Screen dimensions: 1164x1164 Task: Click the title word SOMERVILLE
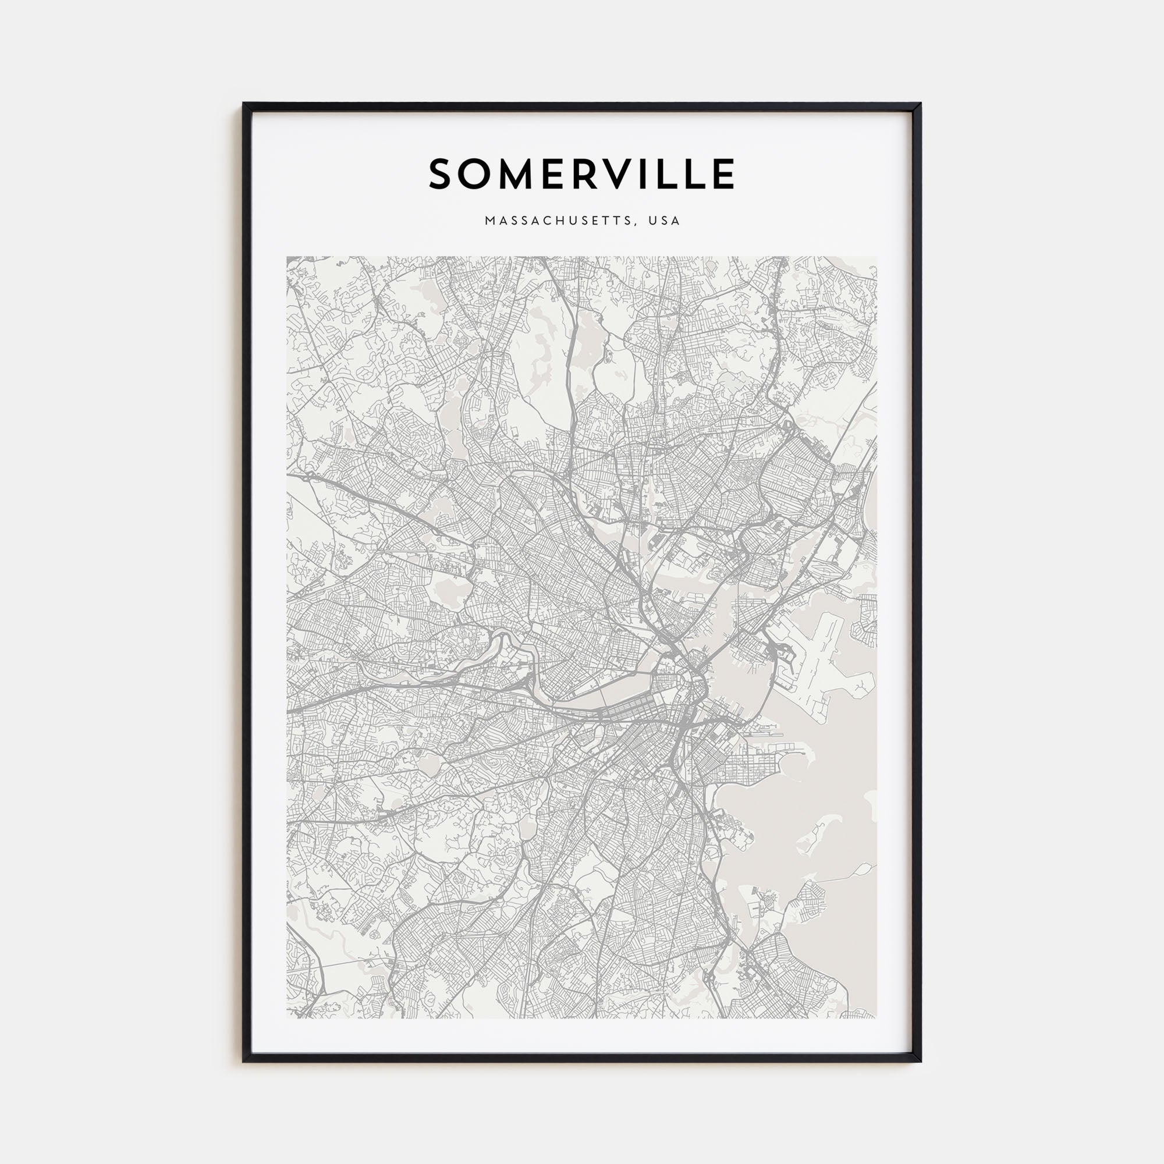581,174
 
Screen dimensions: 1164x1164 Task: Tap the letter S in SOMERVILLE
443,174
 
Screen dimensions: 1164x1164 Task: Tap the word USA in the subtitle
665,221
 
